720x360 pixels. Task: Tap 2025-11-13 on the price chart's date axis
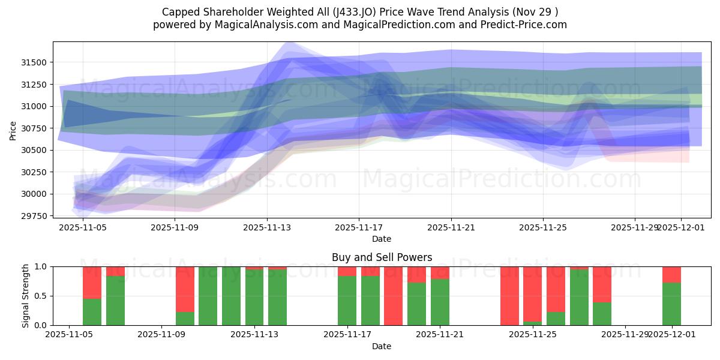tap(267, 228)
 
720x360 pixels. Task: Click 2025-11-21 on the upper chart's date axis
tap(451, 228)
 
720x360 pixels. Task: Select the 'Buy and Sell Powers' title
tap(382, 257)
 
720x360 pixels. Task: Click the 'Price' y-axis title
tap(13, 130)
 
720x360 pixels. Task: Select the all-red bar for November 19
tap(393, 296)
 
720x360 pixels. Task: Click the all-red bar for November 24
tap(509, 296)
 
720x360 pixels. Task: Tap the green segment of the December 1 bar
tap(671, 304)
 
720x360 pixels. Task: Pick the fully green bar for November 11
tap(208, 296)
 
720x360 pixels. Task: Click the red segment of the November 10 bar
tap(185, 289)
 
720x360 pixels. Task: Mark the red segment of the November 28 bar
tap(602, 284)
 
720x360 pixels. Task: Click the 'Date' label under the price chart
tap(382, 239)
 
